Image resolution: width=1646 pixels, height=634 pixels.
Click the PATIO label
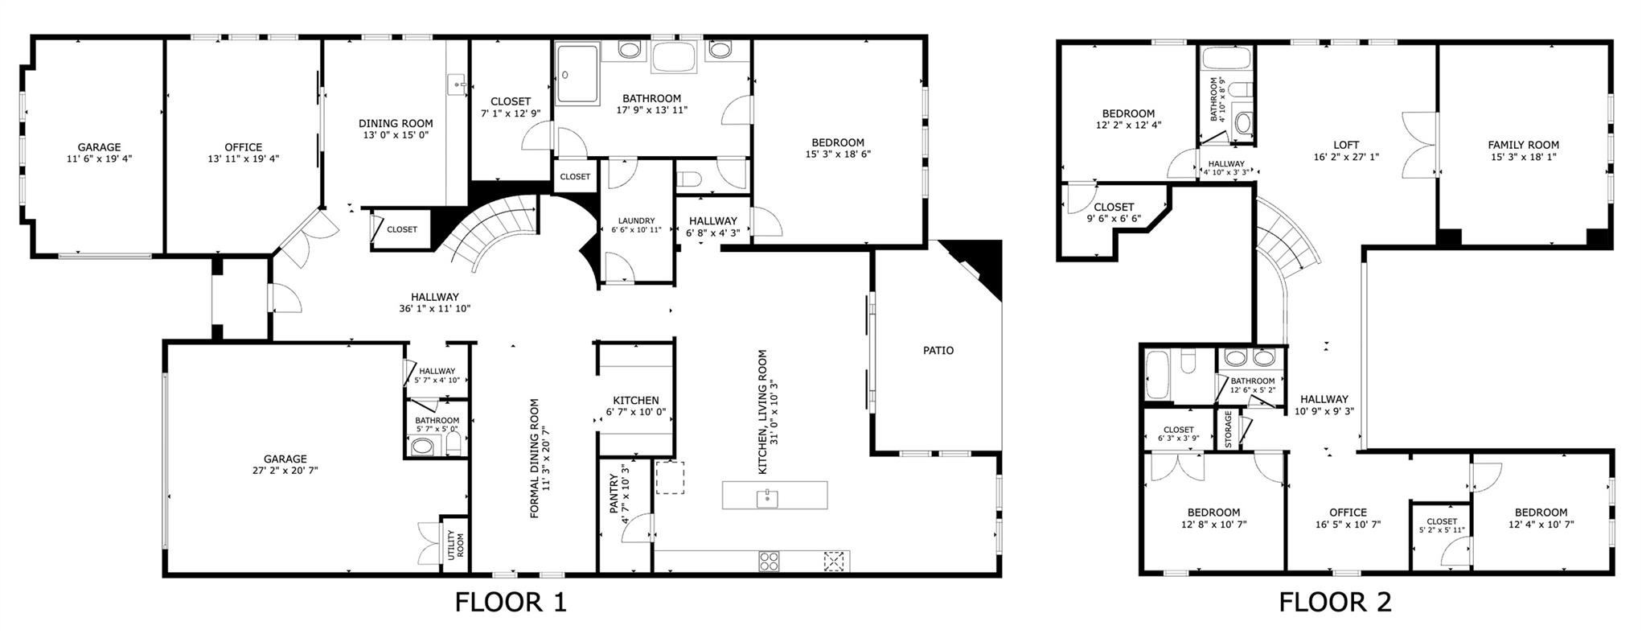coord(938,351)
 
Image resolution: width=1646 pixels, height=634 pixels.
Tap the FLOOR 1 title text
coord(511,603)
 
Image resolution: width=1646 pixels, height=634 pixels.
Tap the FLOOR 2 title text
coord(1335,603)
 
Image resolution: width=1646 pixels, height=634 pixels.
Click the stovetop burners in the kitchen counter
coord(769,561)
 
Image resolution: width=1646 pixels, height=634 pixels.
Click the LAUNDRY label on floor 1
coord(636,220)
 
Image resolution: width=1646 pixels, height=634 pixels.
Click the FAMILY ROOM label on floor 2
coord(1523,146)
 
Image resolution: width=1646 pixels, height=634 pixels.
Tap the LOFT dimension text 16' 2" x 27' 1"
coord(1345,157)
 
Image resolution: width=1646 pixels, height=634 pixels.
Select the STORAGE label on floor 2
coord(1228,430)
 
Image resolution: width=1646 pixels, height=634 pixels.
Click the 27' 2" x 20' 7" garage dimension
coord(285,471)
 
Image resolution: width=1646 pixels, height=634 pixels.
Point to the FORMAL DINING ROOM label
coord(535,459)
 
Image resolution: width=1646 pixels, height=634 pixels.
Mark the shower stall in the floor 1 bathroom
coord(577,74)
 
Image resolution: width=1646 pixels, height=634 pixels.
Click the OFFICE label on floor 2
coord(1348,513)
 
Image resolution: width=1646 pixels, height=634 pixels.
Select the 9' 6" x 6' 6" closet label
coord(1113,219)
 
